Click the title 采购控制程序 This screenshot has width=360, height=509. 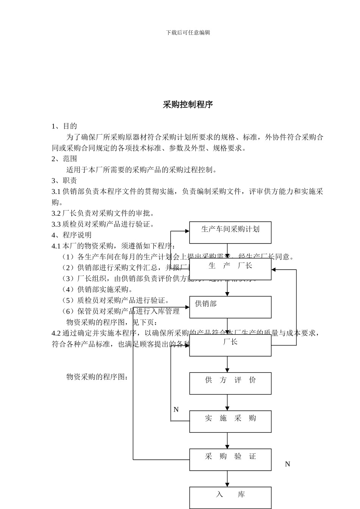click(x=188, y=105)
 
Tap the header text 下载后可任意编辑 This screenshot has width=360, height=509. click(x=188, y=33)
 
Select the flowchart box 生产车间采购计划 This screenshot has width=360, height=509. click(x=230, y=232)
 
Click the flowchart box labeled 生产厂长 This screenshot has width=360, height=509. click(x=230, y=269)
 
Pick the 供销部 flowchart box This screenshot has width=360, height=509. click(x=230, y=307)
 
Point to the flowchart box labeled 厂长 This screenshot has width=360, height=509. click(x=230, y=345)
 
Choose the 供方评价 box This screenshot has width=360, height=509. click(x=230, y=383)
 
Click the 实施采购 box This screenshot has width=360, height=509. click(x=230, y=421)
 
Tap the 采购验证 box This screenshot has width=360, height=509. click(x=230, y=459)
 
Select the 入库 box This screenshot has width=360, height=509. click(x=230, y=497)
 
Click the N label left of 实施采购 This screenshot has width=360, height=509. click(x=176, y=410)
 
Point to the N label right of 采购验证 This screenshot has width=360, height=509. click(x=287, y=464)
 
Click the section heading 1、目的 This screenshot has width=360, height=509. click(x=64, y=126)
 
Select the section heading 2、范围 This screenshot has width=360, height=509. click(x=64, y=159)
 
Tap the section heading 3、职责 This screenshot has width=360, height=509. click(x=64, y=181)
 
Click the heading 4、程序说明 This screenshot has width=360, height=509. click(x=72, y=235)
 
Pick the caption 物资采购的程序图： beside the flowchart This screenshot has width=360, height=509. click(x=97, y=377)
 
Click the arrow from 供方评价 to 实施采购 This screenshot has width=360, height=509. click(x=227, y=402)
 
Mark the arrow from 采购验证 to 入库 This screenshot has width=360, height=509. click(x=227, y=479)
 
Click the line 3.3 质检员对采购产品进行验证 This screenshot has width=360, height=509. click(x=103, y=224)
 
